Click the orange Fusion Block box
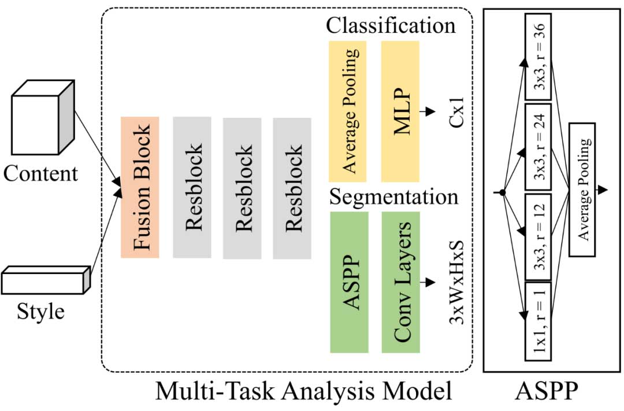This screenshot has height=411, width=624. [x=140, y=187]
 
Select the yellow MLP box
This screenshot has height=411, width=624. [x=400, y=111]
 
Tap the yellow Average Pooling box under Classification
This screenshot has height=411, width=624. [x=348, y=111]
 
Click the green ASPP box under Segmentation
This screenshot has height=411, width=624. [x=349, y=282]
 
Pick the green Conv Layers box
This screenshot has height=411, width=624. [x=400, y=282]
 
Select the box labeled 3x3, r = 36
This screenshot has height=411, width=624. [x=537, y=57]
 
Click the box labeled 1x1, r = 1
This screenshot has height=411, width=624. [x=537, y=320]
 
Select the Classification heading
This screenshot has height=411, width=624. [x=391, y=25]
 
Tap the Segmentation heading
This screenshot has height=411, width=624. [x=393, y=197]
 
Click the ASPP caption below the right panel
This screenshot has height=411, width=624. [x=545, y=392]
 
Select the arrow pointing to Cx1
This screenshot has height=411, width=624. [x=427, y=112]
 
